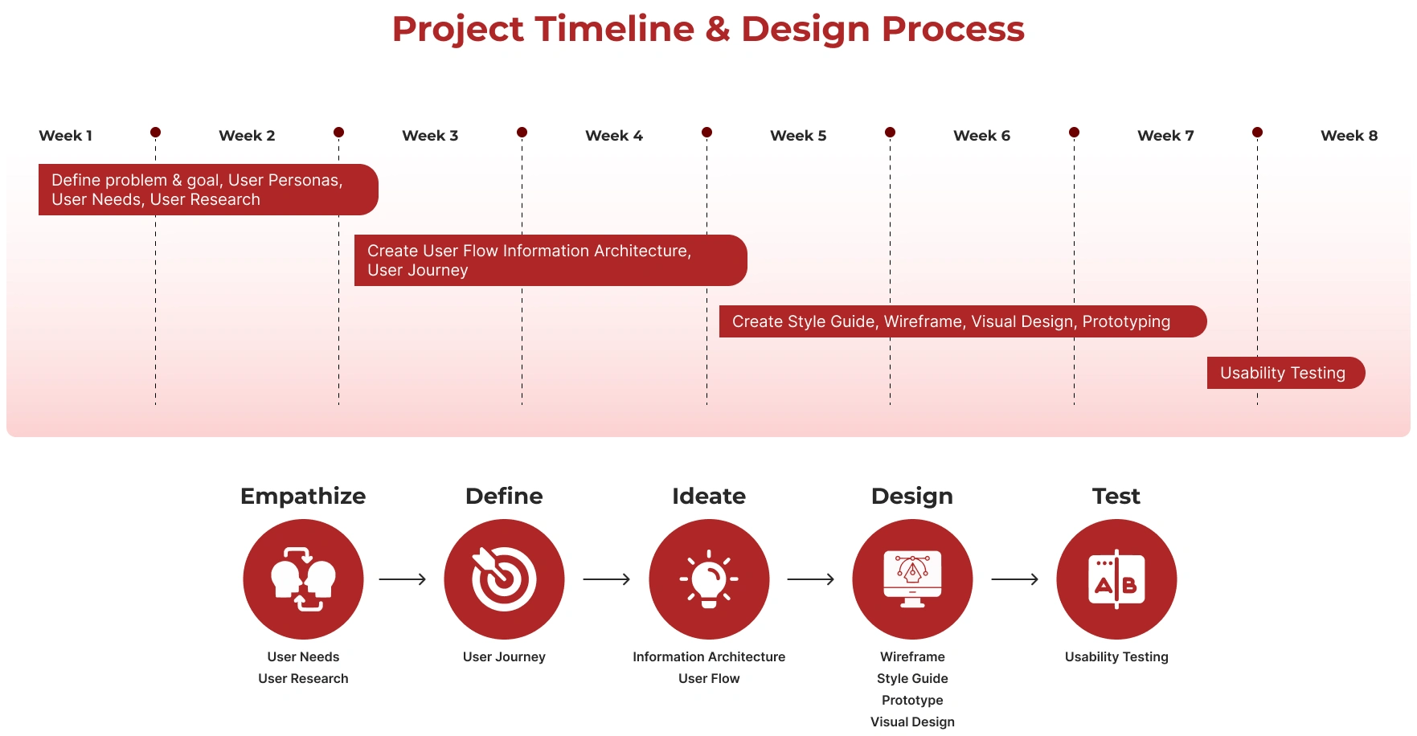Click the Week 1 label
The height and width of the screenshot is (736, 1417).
point(66,136)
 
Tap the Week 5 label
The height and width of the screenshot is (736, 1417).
point(798,136)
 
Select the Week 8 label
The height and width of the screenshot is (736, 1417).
point(1349,136)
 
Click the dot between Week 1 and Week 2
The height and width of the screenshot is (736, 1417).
point(155,132)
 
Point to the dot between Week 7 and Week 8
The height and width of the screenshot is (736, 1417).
point(1257,132)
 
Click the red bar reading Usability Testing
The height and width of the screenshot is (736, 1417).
point(1286,373)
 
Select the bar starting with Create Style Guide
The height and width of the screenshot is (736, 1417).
point(963,321)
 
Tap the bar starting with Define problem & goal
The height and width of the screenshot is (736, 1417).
point(208,190)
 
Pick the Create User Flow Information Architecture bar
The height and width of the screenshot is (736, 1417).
point(551,260)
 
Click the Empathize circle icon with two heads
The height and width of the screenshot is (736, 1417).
point(303,579)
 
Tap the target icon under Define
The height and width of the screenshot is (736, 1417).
point(504,579)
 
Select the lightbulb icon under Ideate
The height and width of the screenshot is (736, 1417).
point(709,579)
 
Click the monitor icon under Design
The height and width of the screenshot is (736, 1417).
point(912,579)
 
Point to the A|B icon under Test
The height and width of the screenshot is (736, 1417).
point(1116,579)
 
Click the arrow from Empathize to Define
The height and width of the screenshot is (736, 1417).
point(403,579)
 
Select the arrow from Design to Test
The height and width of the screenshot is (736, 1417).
point(1015,579)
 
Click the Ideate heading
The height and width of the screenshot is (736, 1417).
point(709,496)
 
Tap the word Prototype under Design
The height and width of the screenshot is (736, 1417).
point(912,700)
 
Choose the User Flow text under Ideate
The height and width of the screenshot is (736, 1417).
point(709,678)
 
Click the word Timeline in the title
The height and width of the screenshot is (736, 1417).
point(615,29)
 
